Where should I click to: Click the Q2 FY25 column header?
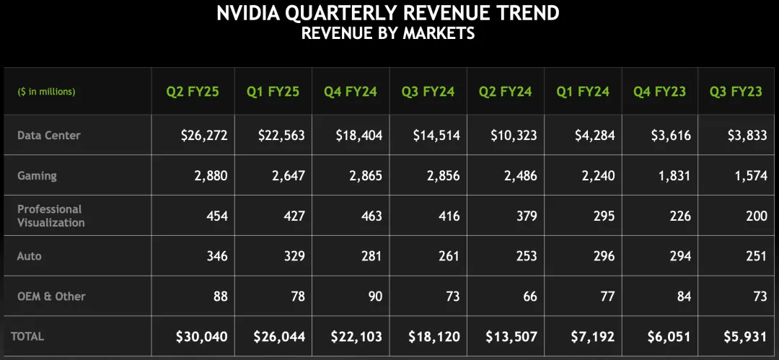coord(193,92)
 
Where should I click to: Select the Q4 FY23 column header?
coord(659,92)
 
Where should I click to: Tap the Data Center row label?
coord(49,135)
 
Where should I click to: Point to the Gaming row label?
coord(37,175)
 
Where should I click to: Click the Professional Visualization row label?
coord(50,216)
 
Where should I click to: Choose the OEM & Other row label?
coord(52,296)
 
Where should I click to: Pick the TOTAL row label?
coord(27,336)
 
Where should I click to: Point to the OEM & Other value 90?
coord(374,296)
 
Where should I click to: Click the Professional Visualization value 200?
coord(757,216)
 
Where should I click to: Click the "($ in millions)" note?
coord(46,92)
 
